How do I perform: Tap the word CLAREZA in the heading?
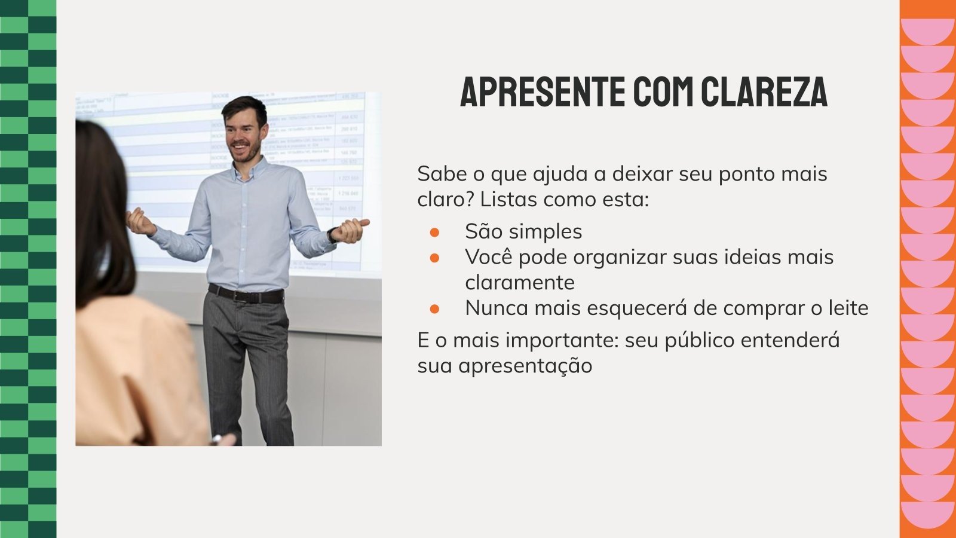[x=764, y=91]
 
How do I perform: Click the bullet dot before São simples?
[x=434, y=231]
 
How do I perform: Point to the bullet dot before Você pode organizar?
[x=434, y=257]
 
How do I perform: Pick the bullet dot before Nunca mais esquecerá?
[x=434, y=308]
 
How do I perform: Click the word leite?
[x=848, y=308]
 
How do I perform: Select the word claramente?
[x=520, y=282]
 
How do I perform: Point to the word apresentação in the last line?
[x=525, y=366]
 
